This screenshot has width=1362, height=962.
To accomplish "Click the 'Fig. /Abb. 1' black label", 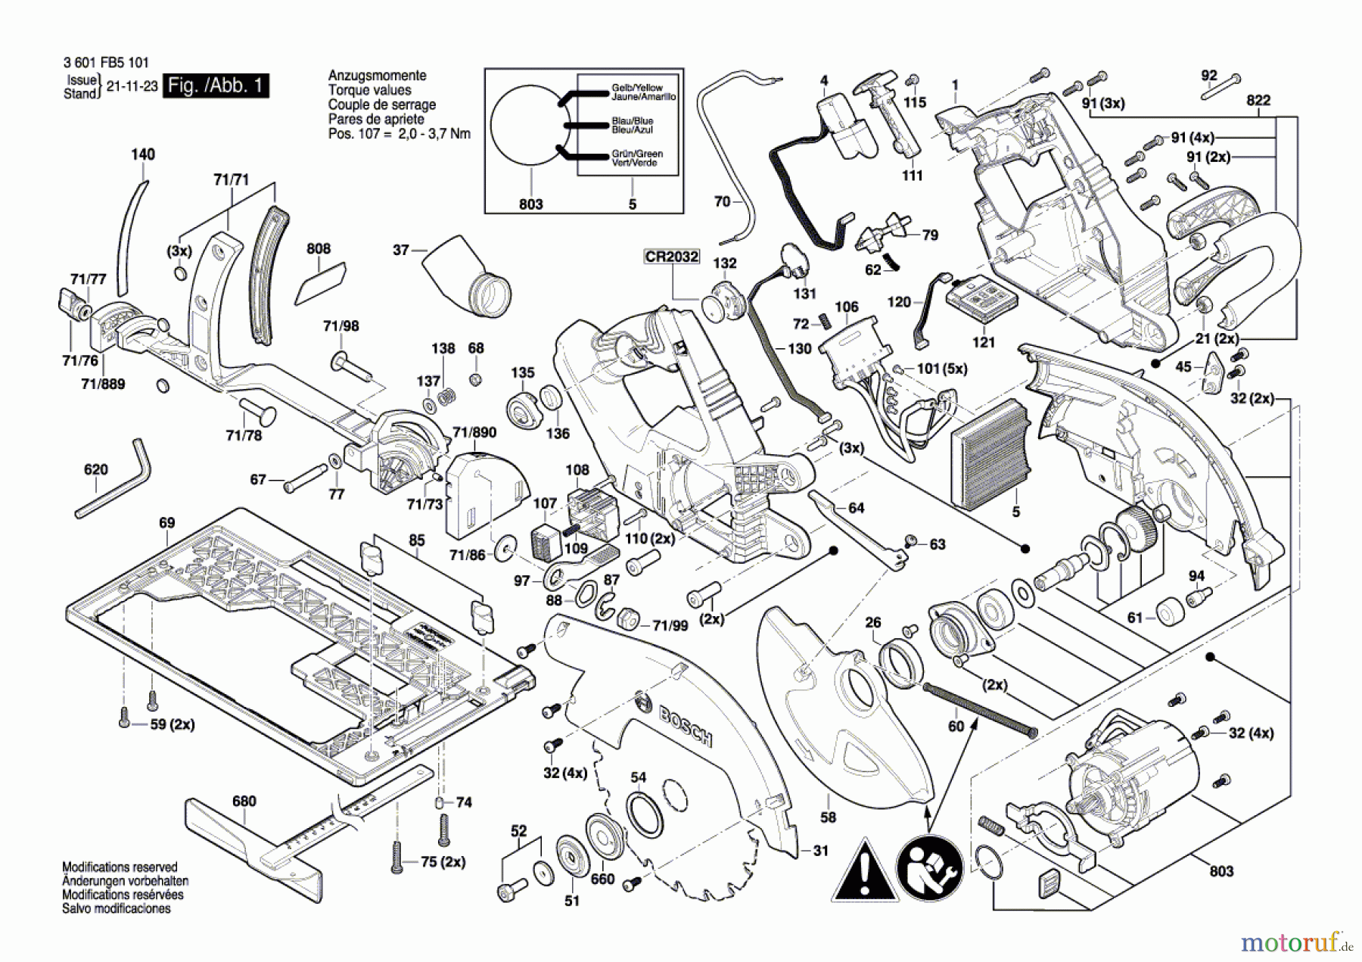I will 216,86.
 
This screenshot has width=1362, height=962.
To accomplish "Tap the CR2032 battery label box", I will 671,257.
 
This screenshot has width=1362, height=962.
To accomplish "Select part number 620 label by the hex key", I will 96,469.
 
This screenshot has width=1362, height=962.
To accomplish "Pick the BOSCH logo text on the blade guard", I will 685,725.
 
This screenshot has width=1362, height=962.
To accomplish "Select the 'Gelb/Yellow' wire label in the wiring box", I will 637,88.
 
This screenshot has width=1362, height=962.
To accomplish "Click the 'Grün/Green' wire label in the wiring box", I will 637,154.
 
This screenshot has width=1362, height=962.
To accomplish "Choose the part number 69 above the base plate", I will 167,523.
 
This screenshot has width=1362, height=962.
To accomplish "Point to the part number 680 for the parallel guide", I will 244,801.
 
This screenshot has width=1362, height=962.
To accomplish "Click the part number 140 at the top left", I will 143,154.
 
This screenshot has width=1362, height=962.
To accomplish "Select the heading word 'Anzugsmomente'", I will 377,76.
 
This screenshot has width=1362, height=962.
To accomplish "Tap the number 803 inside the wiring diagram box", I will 531,204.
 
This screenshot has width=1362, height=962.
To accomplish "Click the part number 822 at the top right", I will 1258,101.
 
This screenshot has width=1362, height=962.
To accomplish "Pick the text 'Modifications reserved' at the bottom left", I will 120,867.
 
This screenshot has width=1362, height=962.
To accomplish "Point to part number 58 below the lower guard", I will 829,817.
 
